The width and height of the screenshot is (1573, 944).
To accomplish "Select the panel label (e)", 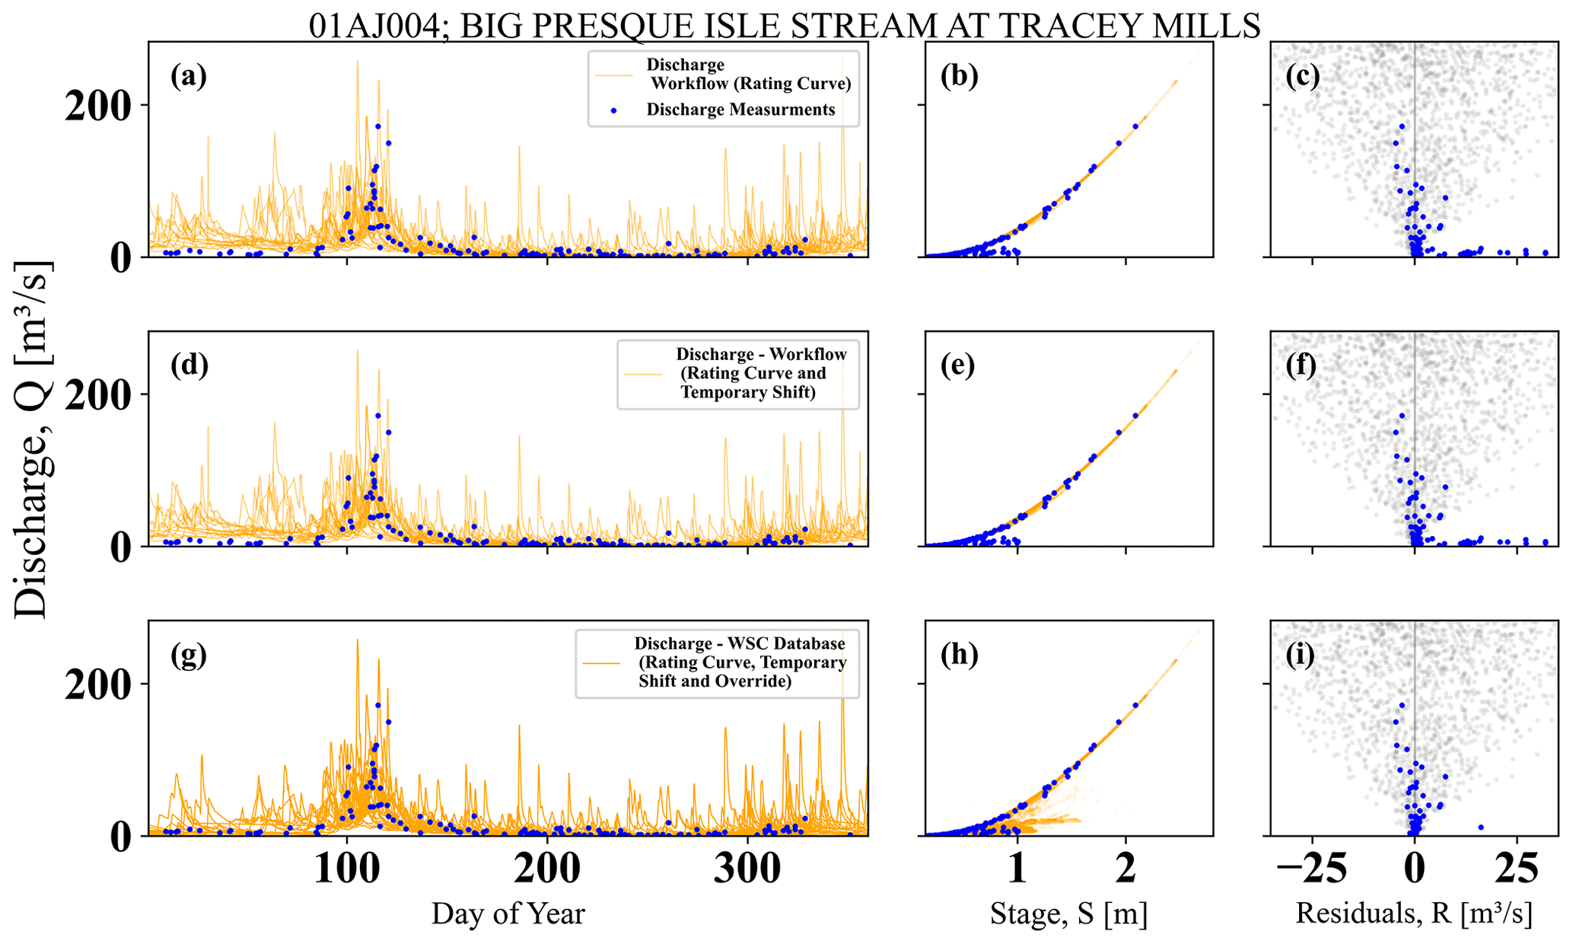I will coord(958,366).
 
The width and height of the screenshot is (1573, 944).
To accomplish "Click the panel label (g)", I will coord(189,655).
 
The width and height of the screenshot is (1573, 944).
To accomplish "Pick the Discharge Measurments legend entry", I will coord(740,110).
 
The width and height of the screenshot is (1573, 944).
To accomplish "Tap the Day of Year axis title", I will coord(508,914).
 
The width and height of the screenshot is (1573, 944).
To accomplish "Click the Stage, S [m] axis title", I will coord(1068,914).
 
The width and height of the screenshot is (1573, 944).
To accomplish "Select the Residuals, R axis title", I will coord(1413,914).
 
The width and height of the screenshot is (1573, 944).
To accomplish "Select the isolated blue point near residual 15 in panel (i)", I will coord(1480,827).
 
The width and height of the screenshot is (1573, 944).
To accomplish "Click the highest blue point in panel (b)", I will coord(1135,126).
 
